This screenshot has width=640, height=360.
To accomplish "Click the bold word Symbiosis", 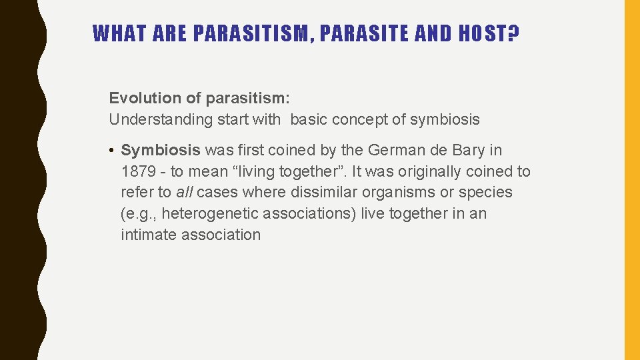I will click(160, 150).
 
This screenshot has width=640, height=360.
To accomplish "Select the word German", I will click(397, 150).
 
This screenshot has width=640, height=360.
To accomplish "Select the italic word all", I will click(184, 193).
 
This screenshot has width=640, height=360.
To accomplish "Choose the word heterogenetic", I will click(210, 214).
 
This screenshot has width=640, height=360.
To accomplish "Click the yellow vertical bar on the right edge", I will click(632, 180).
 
